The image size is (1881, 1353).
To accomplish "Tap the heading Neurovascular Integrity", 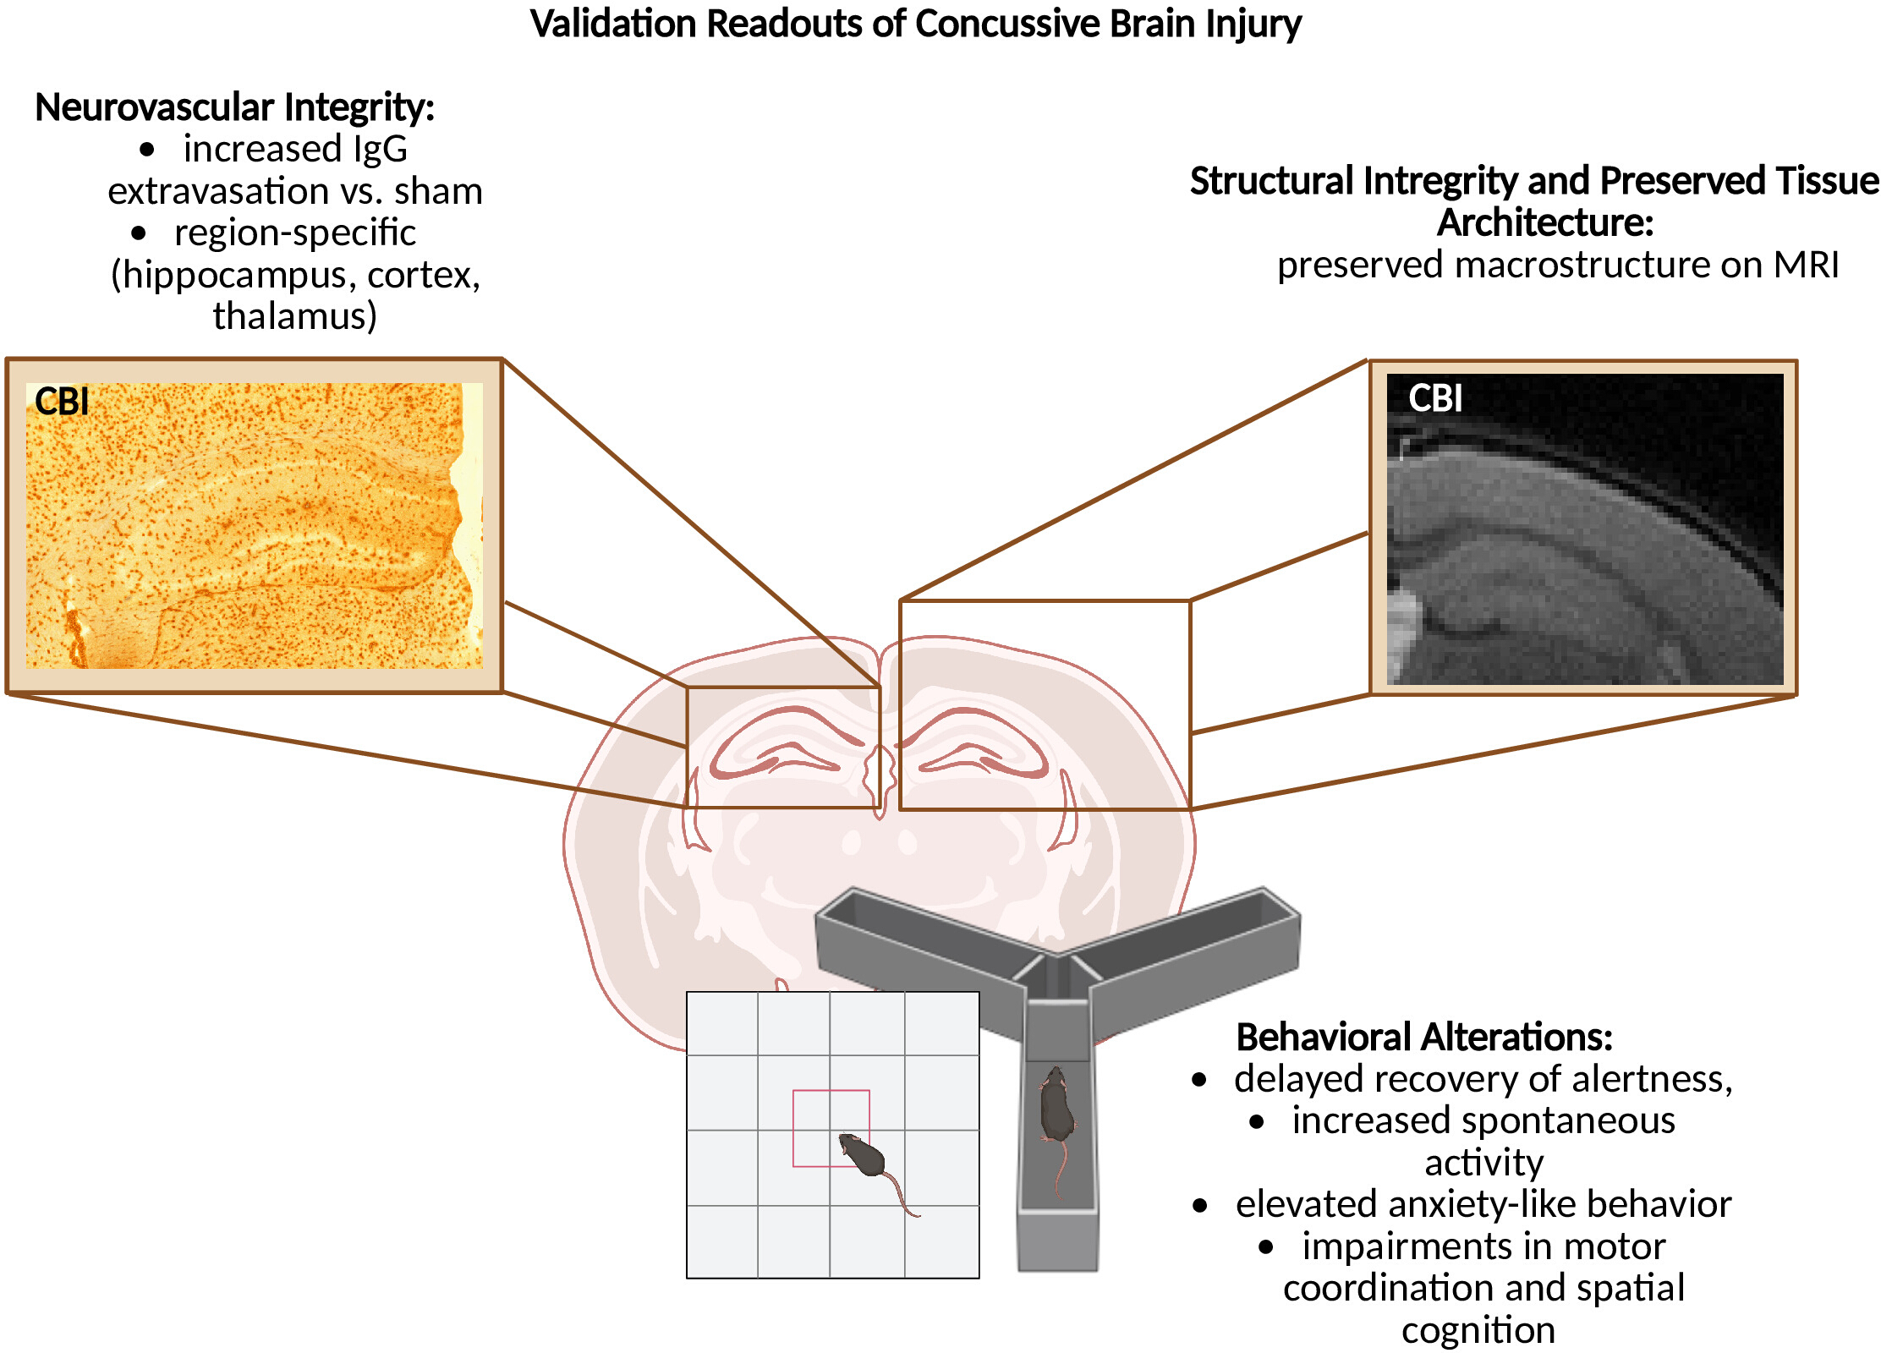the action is [234, 108].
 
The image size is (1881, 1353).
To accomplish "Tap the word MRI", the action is [1807, 265].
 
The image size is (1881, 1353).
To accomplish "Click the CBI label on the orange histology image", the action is [62, 401].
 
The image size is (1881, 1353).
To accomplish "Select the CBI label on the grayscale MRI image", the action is [1435, 397].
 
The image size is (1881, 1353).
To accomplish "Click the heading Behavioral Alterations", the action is [1424, 1038].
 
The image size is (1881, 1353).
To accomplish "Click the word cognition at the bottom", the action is [1478, 1331].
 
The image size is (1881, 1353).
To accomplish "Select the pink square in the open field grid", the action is [831, 1091].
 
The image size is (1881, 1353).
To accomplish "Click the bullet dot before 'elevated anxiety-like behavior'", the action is [1200, 1206].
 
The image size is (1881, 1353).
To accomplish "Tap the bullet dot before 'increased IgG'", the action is [147, 151].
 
